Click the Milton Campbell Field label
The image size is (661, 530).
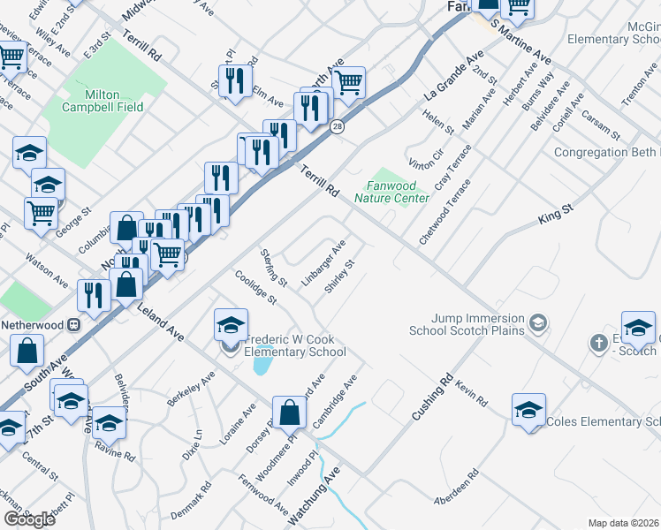[103, 101]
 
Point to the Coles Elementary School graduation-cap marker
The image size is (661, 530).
[528, 410]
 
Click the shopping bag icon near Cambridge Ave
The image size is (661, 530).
[289, 412]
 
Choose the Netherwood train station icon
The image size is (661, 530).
[74, 324]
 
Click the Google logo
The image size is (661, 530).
[29, 519]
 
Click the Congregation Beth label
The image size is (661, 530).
[606, 152]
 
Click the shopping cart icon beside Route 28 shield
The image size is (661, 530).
[349, 83]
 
